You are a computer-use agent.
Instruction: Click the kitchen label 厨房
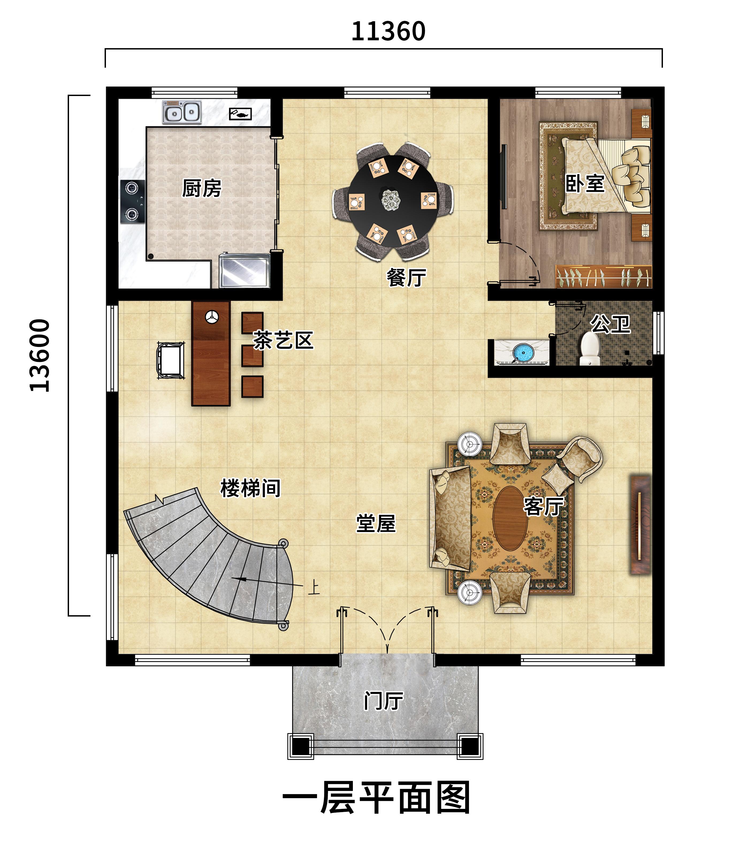202,189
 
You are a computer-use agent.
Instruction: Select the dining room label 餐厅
406,277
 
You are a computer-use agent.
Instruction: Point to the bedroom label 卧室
585,183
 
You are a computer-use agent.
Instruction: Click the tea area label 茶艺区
283,340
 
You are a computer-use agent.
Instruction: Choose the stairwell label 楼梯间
250,488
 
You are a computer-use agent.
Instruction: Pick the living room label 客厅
543,506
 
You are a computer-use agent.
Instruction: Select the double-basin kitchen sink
182,112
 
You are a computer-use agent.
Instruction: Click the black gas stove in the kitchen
132,201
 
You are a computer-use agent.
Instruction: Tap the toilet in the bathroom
590,349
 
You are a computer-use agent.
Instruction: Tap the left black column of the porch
301,746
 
